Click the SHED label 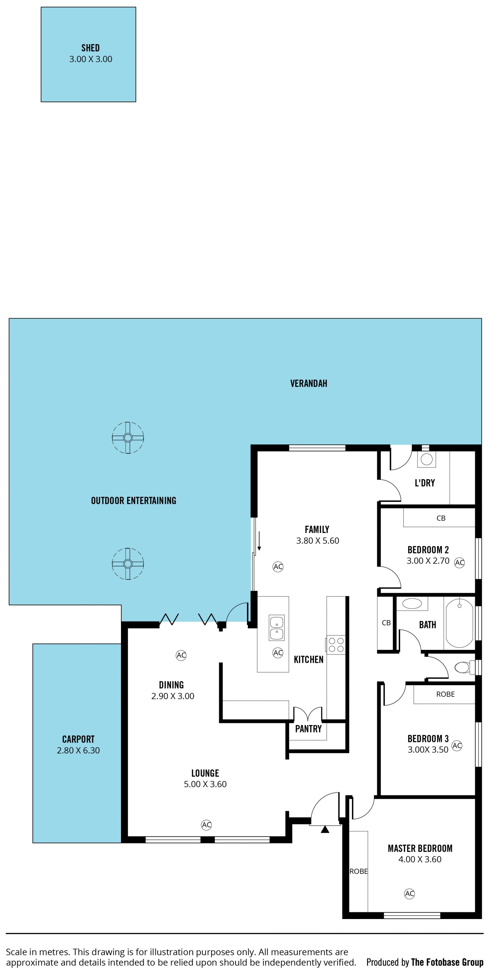91,48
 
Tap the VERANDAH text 309,383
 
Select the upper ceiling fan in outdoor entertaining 128,438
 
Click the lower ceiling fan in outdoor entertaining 128,564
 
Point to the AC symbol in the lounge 206,825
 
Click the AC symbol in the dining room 181,655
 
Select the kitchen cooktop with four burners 336,645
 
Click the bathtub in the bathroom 459,623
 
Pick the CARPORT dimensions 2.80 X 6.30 78,750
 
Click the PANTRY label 308,729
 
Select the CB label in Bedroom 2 441,518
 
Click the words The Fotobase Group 447,962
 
